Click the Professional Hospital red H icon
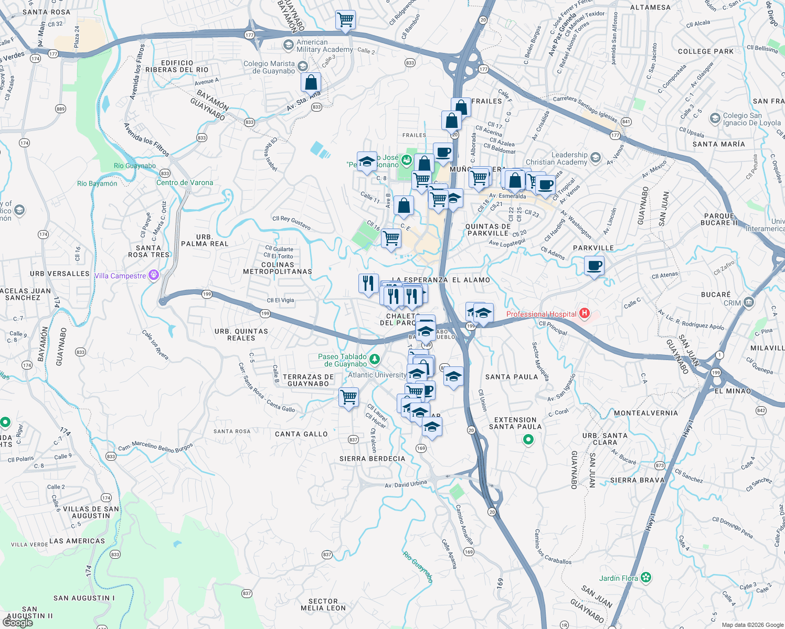585,314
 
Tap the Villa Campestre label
120,276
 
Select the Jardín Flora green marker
646,578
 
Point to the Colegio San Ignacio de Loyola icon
715,118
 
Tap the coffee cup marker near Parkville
594,266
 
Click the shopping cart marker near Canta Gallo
349,397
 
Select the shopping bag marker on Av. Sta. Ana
311,82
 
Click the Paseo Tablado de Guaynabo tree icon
375,360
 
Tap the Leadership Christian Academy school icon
595,157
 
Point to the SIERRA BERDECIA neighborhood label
372,459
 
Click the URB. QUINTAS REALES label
241,334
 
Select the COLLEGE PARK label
706,51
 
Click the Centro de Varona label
185,183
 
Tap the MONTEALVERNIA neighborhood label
646,413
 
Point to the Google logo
18,623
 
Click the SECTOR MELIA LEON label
323,605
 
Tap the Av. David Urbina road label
406,484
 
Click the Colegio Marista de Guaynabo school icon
302,66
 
